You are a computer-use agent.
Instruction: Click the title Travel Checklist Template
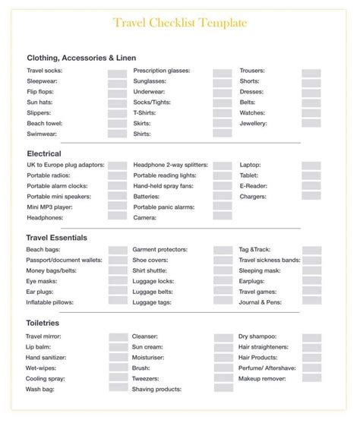pos(179,23)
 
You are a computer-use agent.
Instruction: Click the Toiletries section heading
pos(44,323)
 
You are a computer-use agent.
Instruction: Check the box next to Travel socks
pos(117,74)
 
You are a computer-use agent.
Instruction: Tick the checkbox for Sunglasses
pos(223,84)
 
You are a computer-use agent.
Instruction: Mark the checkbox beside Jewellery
pos(311,123)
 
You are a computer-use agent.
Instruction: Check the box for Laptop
pos(311,165)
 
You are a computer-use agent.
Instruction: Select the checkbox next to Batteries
pos(223,196)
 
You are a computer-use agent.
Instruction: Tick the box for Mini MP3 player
pos(117,207)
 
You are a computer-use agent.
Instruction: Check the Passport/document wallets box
pos(117,260)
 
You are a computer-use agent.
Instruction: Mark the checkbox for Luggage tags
pos(223,302)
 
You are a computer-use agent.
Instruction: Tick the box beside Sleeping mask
pos(311,270)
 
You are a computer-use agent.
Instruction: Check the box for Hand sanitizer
pos(117,357)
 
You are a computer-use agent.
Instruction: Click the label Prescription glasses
pos(161,71)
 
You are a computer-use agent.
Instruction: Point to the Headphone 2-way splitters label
pos(170,164)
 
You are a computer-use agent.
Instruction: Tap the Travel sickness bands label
pos(270,260)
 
